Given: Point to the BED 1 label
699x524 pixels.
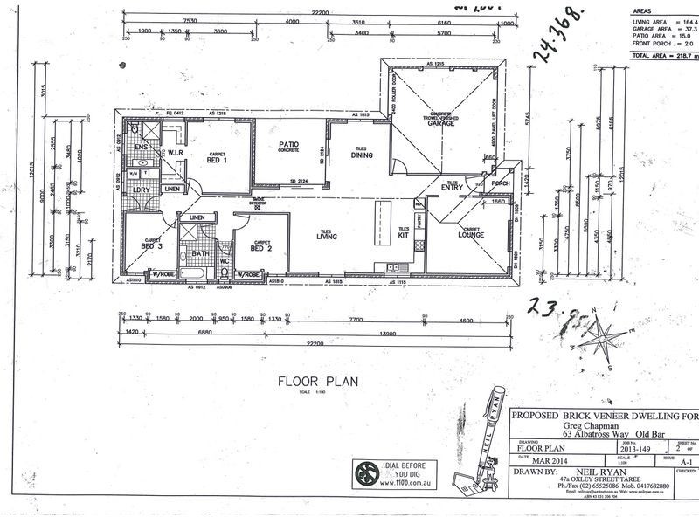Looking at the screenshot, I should [x=217, y=161].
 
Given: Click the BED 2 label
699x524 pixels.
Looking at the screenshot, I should [x=261, y=248].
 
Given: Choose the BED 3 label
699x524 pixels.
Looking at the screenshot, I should [x=151, y=245].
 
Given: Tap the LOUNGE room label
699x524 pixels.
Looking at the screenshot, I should [x=472, y=235].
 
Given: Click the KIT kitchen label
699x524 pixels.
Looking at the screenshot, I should [x=404, y=234].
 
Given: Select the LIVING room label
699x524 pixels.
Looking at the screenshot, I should [x=327, y=235].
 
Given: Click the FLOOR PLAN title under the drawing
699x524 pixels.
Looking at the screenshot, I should [x=313, y=381].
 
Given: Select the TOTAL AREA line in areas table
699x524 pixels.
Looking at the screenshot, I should [x=664, y=54].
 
